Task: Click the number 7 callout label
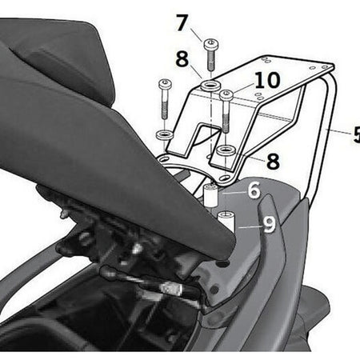click(182, 23)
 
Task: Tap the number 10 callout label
click(267, 80)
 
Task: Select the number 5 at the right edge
click(357, 134)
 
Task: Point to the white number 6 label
click(254, 190)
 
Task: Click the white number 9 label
click(270, 225)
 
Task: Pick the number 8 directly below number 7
click(182, 59)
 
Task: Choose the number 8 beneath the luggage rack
click(273, 161)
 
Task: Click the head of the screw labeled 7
click(211, 44)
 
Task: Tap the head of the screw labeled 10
click(226, 95)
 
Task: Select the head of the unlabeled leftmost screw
click(165, 84)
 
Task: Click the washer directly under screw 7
click(211, 86)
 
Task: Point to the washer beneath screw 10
click(226, 150)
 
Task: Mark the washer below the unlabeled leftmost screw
click(165, 134)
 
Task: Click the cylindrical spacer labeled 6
click(210, 196)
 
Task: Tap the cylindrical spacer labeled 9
click(226, 220)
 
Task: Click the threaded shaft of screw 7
click(211, 60)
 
